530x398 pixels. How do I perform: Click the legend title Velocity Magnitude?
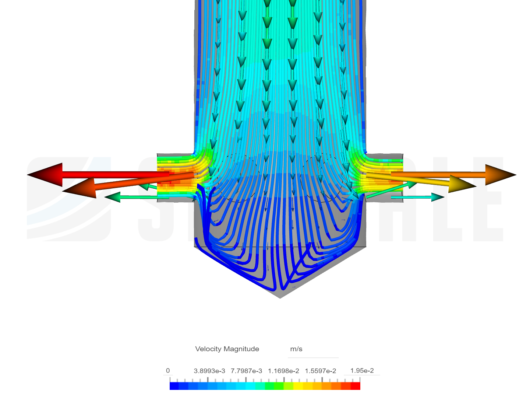pos(227,349)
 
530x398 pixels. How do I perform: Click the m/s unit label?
pos(296,349)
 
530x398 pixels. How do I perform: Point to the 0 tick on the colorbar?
pos(168,371)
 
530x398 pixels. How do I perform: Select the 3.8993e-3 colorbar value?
pos(209,371)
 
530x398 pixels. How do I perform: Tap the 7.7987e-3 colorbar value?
pos(246,371)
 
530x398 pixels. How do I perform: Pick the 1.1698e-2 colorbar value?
pos(283,371)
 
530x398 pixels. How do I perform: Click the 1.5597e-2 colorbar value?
pos(320,371)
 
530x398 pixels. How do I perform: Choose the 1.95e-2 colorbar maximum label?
pos(362,371)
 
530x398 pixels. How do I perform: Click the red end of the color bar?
pos(356,386)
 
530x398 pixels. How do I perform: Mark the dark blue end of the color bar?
pos(174,386)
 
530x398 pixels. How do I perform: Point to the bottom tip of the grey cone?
pos(280,297)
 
